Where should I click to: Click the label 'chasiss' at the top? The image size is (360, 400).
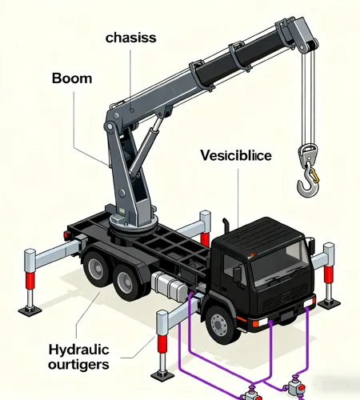click(130, 38)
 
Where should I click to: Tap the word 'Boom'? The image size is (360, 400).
click(73, 79)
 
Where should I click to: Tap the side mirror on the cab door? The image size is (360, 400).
click(237, 274)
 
